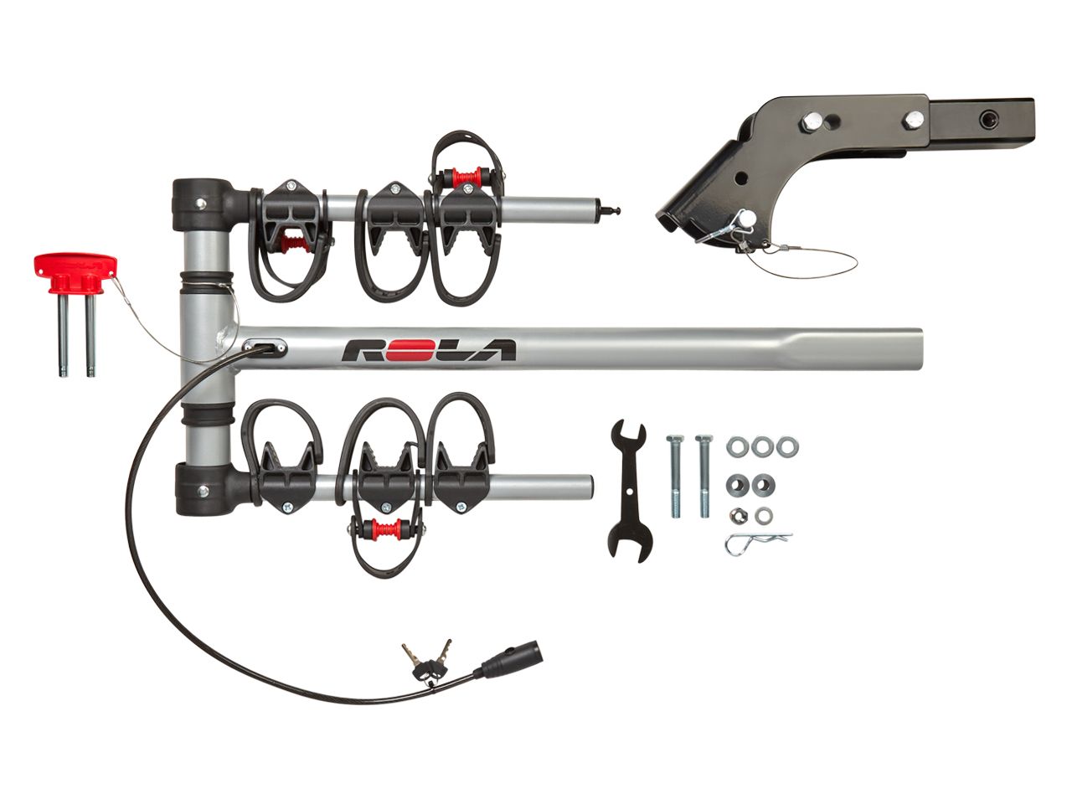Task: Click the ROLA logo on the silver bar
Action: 428,349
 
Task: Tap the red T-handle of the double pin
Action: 75,275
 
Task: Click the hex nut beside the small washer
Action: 739,514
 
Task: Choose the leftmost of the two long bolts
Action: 675,476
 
